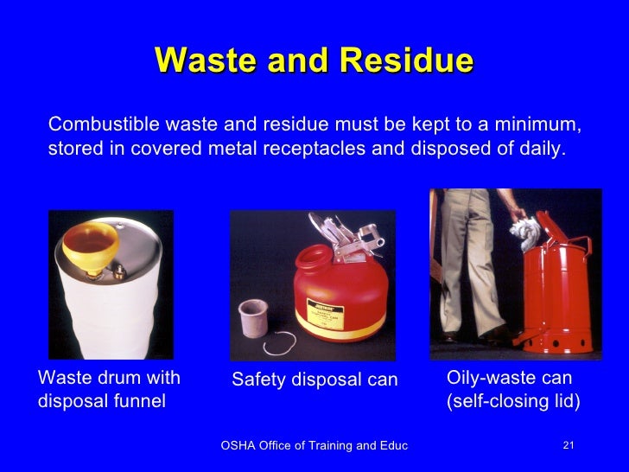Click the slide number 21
coord(568,445)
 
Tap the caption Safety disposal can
coord(314,380)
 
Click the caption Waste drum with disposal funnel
coord(109,389)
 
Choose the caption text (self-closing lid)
coord(512,402)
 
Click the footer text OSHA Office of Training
coord(314,445)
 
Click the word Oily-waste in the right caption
coord(486,378)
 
